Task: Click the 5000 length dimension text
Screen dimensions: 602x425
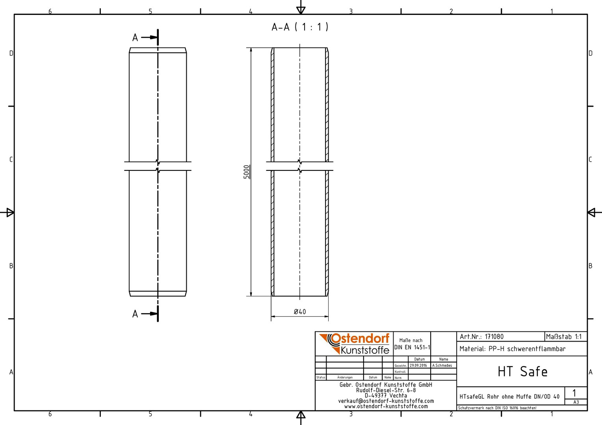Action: pos(247,172)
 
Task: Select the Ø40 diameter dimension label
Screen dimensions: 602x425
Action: pos(300,312)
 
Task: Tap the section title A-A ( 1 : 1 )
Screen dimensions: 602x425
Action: pos(300,27)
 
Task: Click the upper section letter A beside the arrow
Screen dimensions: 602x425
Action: pos(135,38)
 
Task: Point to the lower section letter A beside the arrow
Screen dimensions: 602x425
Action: pos(135,314)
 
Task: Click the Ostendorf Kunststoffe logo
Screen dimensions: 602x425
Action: pos(355,344)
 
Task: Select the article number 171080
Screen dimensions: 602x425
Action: pos(494,337)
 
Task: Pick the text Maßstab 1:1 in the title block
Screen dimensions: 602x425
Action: pos(564,337)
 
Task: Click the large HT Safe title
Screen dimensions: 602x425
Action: pos(522,371)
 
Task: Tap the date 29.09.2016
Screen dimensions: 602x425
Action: pos(418,366)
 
